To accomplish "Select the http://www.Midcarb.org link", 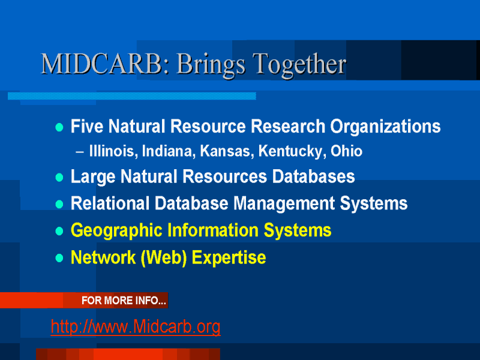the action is (x=136, y=326).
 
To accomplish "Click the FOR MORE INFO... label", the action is (x=124, y=301).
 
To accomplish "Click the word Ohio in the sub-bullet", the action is (x=347, y=151).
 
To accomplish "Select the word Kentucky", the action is (x=292, y=152).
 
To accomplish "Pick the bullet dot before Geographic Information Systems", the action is (x=59, y=231).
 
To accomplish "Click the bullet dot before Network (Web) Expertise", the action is (x=59, y=258).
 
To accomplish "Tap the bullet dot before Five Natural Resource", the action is (x=59, y=127).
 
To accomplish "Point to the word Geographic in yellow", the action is (x=116, y=231).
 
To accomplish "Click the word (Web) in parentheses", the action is (x=164, y=258).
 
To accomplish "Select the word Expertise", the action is (x=229, y=259).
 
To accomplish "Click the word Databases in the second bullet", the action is (x=313, y=176).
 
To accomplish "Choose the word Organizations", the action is (x=385, y=127).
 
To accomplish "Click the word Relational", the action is (x=110, y=203).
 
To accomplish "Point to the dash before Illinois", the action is (x=80, y=152).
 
